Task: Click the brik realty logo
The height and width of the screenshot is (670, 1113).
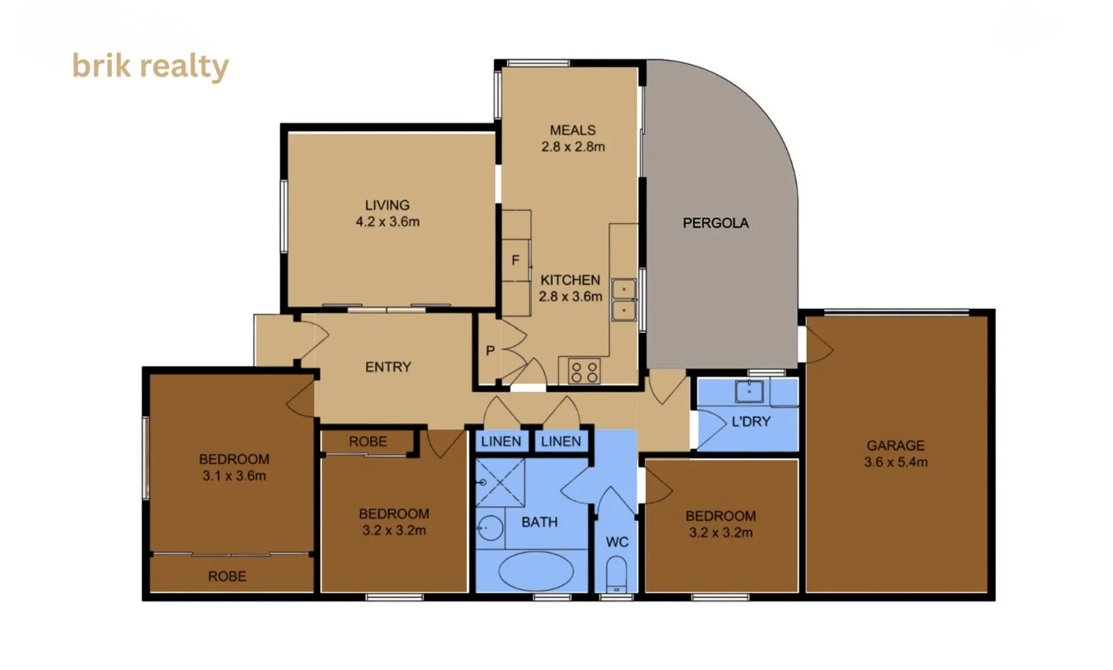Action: tap(150, 67)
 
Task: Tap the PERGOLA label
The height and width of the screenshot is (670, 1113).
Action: tap(716, 223)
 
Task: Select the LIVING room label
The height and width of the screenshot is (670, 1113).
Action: tap(387, 205)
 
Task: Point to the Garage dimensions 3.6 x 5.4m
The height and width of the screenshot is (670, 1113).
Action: tap(895, 462)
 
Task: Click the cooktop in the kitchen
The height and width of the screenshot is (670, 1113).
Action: tap(584, 372)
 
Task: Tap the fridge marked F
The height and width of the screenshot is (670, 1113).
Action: tap(515, 260)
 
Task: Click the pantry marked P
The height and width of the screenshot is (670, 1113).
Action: tap(490, 351)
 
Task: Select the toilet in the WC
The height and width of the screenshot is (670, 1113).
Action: tap(616, 575)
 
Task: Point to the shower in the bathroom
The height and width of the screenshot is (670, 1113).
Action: tap(500, 483)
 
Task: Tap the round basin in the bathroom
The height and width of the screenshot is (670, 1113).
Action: tap(490, 528)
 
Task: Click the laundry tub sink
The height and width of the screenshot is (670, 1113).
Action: tap(749, 391)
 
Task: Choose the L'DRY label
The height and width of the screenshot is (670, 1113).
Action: tap(751, 422)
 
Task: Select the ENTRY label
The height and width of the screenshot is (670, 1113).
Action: tap(388, 367)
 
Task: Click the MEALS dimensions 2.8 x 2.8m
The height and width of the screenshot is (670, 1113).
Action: tap(573, 147)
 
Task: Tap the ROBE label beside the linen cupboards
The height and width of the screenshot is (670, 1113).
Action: tap(368, 441)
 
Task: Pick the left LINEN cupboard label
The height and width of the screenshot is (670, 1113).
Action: tap(501, 441)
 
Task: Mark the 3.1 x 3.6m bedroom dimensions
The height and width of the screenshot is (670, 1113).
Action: tap(234, 476)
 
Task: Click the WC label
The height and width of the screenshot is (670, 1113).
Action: tap(617, 542)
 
